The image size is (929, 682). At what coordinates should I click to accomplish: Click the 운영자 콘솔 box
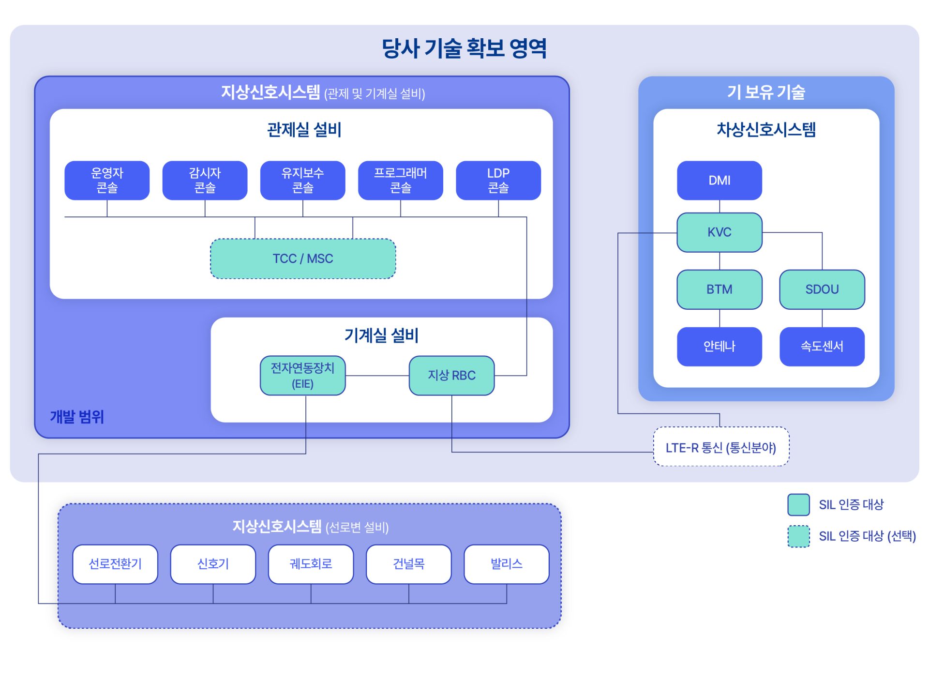[107, 180]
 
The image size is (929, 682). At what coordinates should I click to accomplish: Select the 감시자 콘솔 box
[205, 180]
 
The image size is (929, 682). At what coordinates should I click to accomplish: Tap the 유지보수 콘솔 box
[302, 180]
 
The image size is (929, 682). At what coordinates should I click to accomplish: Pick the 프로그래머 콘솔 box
[400, 180]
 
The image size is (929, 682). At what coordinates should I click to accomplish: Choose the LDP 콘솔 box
[498, 180]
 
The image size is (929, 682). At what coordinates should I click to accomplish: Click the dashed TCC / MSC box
[303, 258]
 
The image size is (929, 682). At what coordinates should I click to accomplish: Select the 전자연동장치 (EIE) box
[302, 376]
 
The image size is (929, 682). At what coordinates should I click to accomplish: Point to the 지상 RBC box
[451, 376]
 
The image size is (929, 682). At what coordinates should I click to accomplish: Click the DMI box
[719, 180]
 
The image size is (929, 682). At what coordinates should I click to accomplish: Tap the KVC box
[719, 232]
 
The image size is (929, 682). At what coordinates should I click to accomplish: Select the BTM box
[719, 289]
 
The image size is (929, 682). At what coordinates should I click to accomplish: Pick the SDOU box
[822, 289]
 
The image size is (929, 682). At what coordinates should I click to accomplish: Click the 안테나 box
[719, 347]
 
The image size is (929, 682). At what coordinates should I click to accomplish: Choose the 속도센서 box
[822, 347]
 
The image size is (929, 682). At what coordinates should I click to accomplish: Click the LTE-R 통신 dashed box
[721, 446]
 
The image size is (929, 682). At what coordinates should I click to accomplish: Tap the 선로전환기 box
[115, 564]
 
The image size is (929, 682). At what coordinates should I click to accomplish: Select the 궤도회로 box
[311, 564]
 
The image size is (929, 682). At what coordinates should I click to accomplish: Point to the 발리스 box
[507, 564]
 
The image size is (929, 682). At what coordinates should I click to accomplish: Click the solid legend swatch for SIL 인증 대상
[798, 504]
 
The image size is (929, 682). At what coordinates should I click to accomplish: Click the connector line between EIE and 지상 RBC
[377, 376]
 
